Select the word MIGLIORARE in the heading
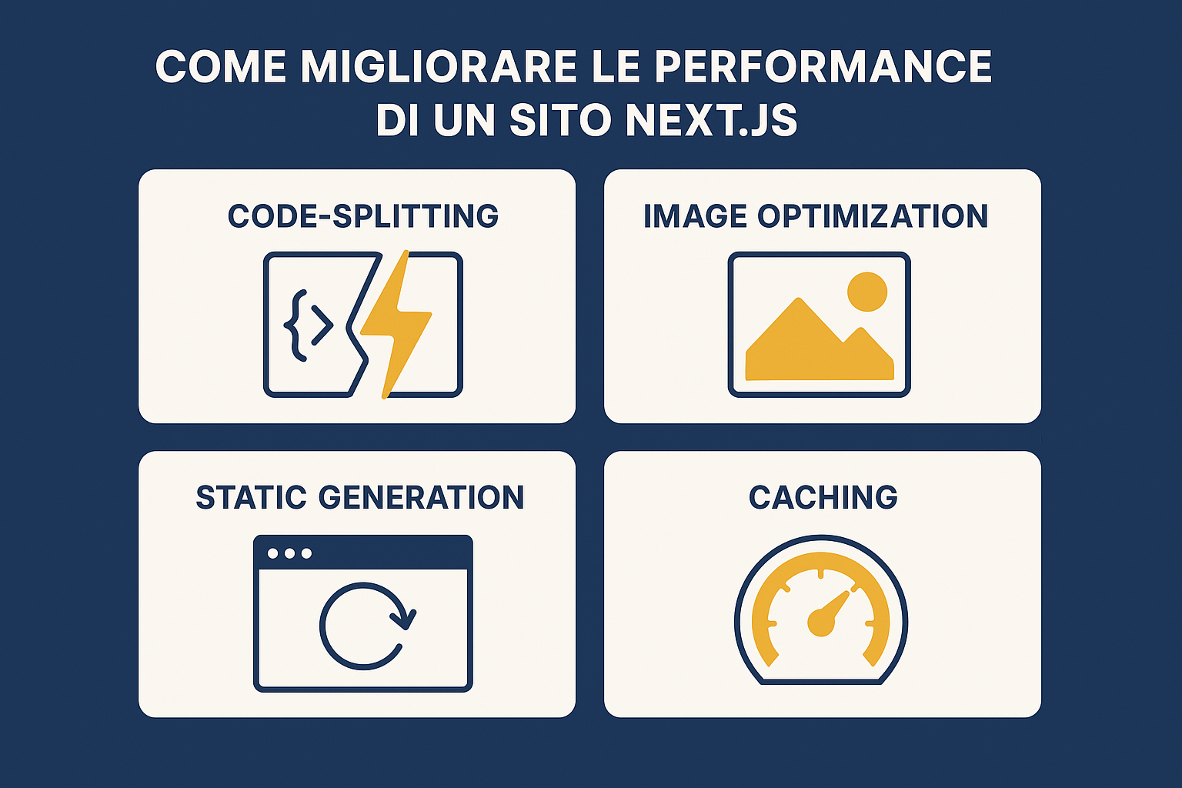(x=439, y=66)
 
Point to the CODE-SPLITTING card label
(x=363, y=216)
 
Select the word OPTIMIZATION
(x=873, y=216)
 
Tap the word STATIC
(x=251, y=497)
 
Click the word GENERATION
(x=421, y=497)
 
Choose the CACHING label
(x=823, y=497)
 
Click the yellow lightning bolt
(x=396, y=324)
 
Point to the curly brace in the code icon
(x=295, y=325)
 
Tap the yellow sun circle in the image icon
(x=867, y=292)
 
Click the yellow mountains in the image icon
(x=819, y=351)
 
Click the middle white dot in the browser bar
(x=289, y=553)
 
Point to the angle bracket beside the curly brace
(x=322, y=325)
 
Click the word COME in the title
(x=221, y=66)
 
